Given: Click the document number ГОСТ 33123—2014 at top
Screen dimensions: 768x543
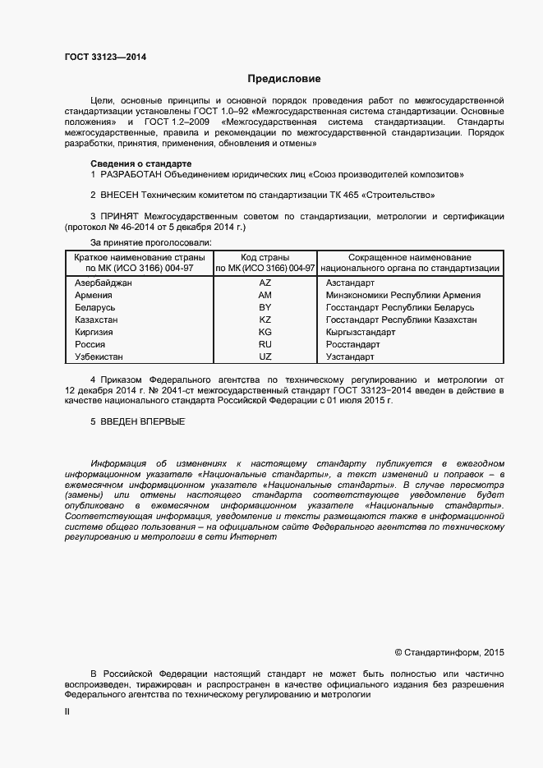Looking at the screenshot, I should pos(106,57).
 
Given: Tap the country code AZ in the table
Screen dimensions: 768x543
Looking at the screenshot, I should pos(265,282).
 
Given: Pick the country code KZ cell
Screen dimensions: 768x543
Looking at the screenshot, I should pos(265,320).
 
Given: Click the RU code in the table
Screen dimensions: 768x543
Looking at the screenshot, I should pos(265,345).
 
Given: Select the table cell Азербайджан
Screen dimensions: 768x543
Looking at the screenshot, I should pos(103,282).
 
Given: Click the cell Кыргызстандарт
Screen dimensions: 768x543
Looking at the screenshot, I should pos(361,333).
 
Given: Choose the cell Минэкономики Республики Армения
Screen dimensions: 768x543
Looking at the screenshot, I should pos(403,295).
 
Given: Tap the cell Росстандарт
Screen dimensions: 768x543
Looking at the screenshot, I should pos(352,345).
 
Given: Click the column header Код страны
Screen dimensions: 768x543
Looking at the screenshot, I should pos(265,257).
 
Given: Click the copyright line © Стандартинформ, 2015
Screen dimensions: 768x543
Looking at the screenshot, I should pos(449,652).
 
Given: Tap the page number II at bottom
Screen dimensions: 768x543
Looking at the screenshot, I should pos(67,712).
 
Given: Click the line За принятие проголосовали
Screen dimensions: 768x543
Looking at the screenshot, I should pos(150,242).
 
